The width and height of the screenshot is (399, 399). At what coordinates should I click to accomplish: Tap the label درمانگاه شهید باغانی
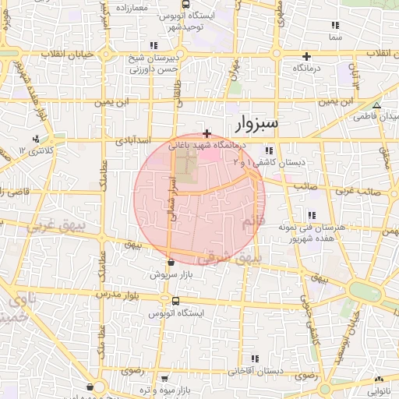coord(206,146)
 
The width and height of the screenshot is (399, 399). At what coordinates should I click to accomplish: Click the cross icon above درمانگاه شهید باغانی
coord(206,134)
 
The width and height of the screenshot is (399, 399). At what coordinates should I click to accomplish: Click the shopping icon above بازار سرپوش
coord(171,263)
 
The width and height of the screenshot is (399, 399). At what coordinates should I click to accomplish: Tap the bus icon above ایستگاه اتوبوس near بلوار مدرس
coord(175,301)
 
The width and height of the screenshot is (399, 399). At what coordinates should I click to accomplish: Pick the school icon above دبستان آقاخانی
coord(252,358)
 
